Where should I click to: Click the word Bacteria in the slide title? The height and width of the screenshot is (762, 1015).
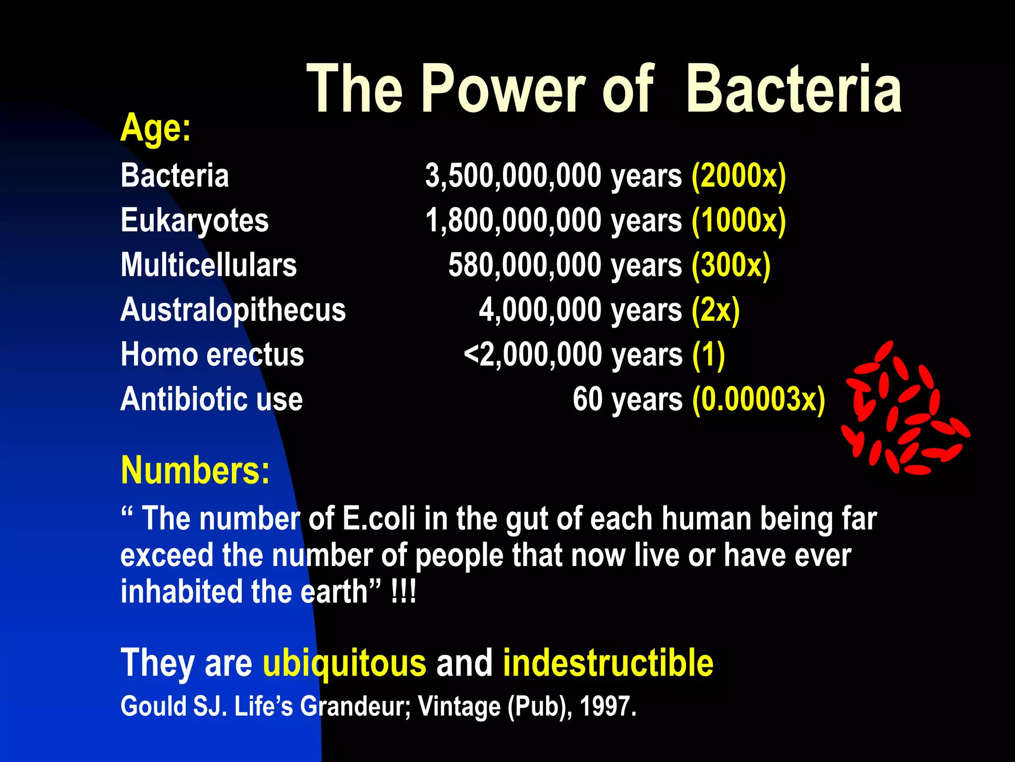[793, 89]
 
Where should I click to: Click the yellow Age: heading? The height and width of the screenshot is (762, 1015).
[155, 128]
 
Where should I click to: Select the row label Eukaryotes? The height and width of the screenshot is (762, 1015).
[194, 220]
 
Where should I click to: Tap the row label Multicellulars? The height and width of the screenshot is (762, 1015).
[209, 265]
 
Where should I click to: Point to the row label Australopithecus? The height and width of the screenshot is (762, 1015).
[233, 310]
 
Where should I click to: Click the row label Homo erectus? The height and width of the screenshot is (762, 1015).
[212, 355]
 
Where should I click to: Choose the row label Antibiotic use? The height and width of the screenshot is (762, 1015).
[211, 399]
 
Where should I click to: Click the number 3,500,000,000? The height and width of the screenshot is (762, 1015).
[513, 176]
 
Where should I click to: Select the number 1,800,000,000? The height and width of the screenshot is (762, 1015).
[513, 221]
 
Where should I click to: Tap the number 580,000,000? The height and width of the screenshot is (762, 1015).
[524, 265]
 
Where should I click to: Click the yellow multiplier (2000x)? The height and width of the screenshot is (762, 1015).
[738, 176]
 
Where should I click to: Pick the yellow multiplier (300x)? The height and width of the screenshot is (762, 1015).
[731, 265]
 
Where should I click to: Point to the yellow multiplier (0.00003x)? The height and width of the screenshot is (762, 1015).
[759, 399]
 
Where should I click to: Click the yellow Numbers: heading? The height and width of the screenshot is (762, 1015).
[195, 470]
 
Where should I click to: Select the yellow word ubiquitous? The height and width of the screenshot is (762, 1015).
[344, 663]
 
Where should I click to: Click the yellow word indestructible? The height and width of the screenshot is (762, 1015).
[608, 663]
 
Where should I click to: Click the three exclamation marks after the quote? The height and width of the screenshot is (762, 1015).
[403, 592]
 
